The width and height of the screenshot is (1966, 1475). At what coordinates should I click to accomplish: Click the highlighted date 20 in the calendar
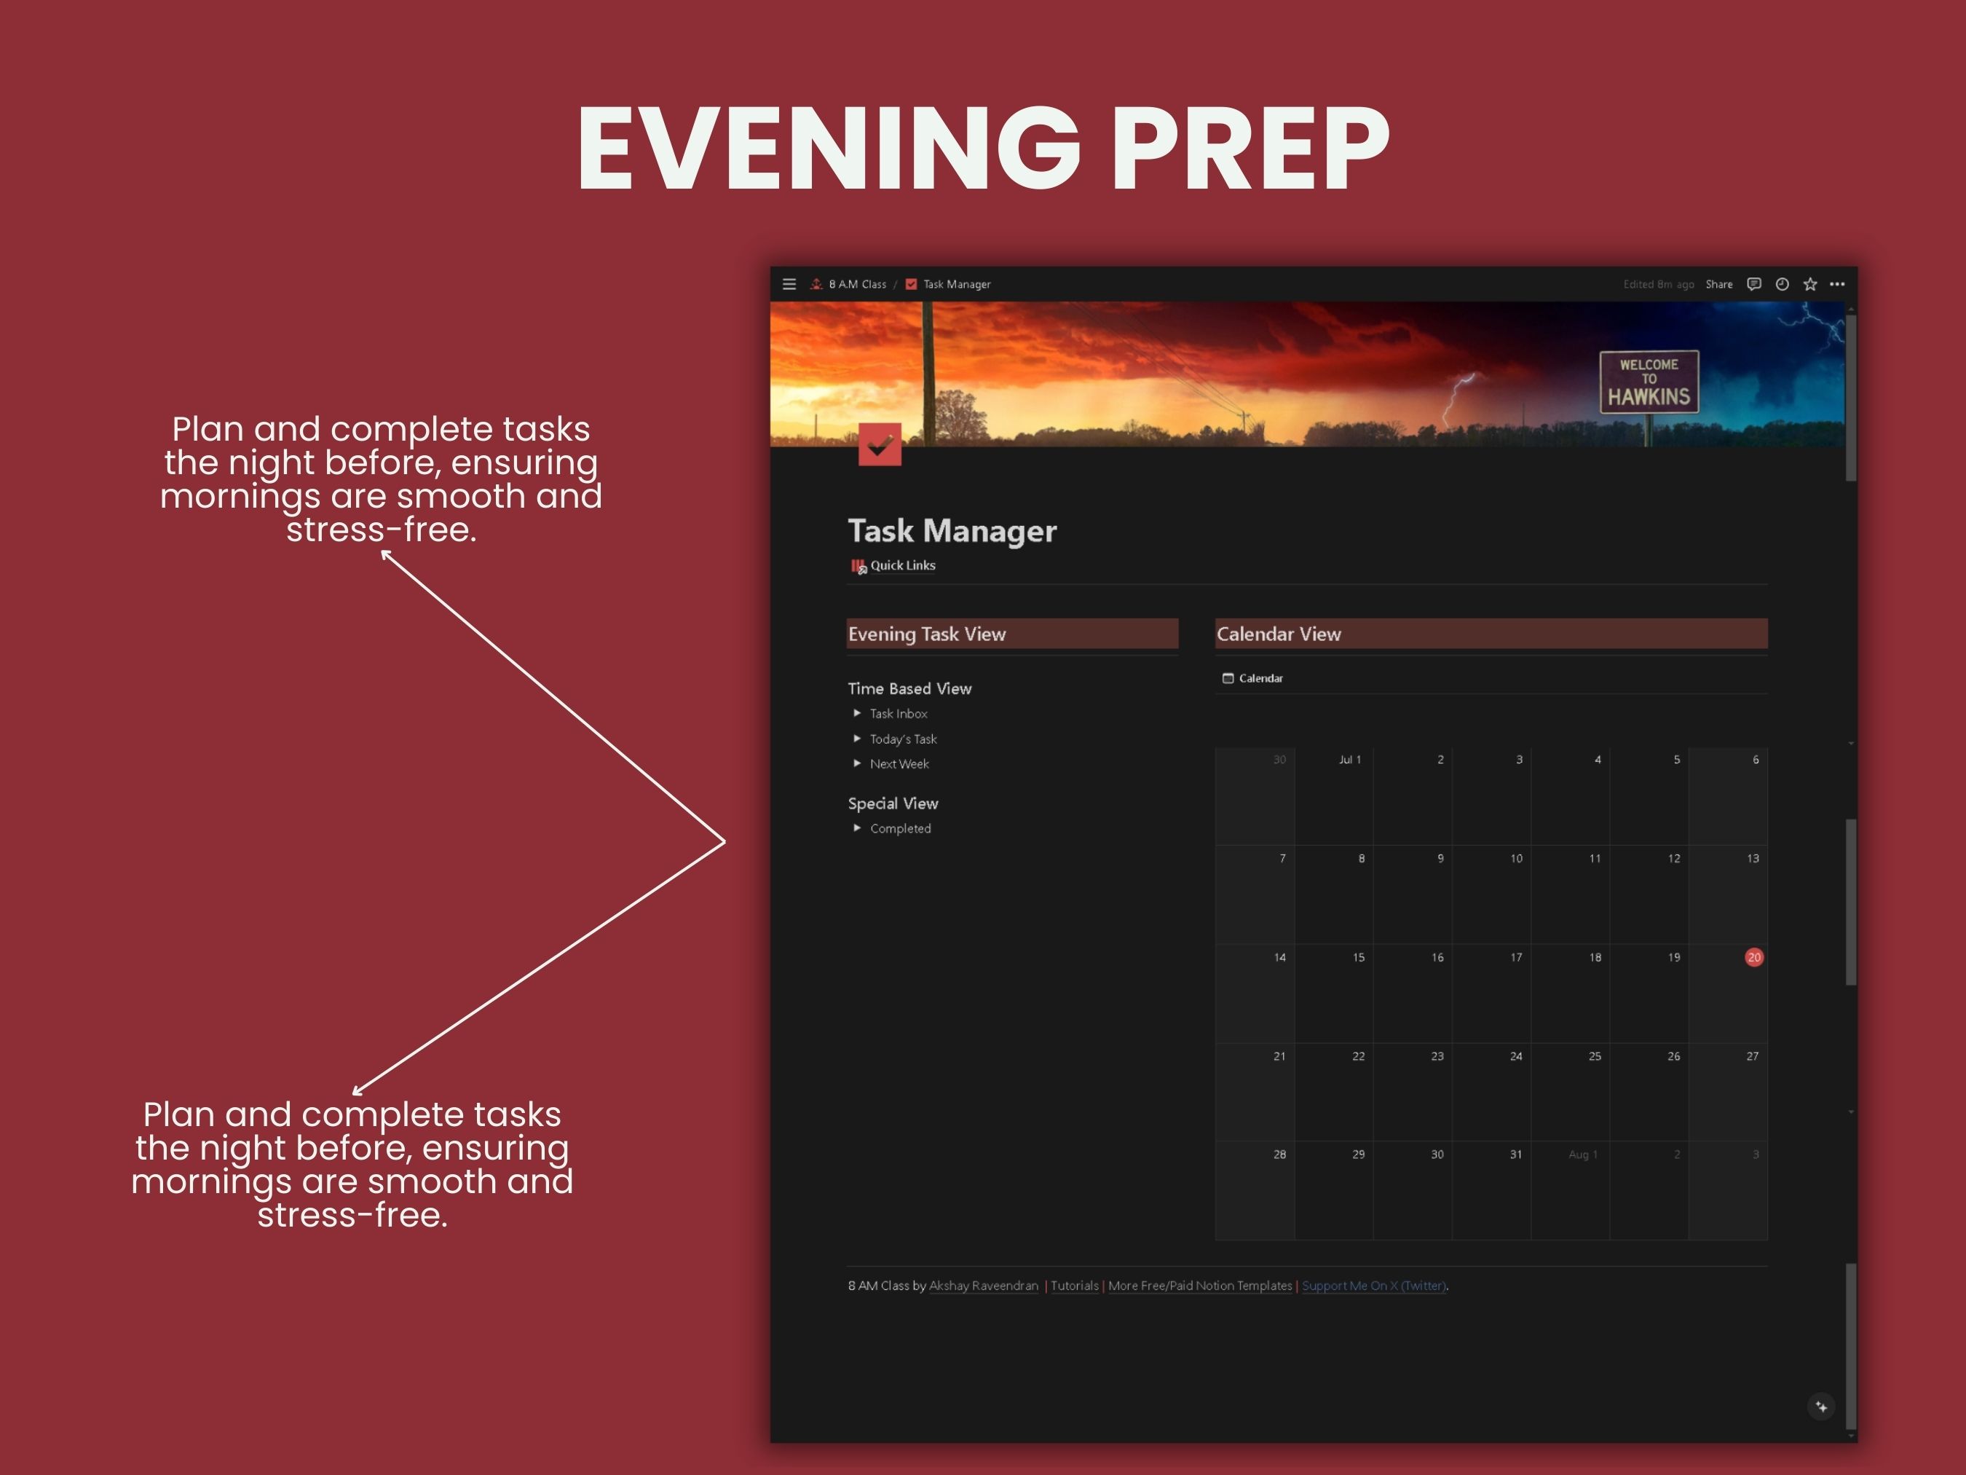coord(1753,958)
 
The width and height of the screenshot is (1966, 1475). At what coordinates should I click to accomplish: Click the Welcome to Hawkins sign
coord(1649,382)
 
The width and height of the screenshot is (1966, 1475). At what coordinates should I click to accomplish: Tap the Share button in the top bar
coord(1719,285)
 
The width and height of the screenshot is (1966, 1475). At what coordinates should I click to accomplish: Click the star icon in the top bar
coord(1809,285)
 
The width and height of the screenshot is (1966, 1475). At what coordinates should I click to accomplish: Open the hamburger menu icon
coord(789,285)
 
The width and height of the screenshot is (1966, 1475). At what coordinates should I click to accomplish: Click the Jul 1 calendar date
coord(1349,759)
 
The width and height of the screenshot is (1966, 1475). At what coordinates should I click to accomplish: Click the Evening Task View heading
coord(926,634)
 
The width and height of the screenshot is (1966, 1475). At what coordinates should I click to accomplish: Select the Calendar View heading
coord(1278,634)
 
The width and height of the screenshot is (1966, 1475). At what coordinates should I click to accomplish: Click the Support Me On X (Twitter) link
coord(1374,1286)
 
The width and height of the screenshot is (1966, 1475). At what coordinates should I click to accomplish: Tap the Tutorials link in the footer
coord(1075,1286)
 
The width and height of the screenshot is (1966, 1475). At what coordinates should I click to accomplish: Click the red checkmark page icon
coord(880,444)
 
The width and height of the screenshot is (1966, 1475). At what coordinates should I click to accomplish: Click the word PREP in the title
coord(1250,148)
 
